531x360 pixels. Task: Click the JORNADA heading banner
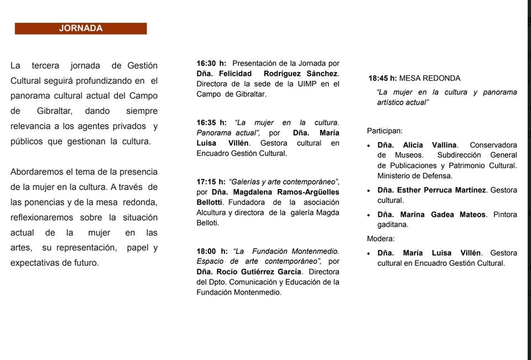click(81, 28)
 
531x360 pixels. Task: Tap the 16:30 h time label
click(211, 64)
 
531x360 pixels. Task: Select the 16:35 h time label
click(211, 122)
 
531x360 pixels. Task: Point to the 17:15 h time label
click(211, 181)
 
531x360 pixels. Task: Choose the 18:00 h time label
click(211, 251)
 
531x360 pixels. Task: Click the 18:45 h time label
click(383, 79)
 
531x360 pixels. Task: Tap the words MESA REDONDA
click(430, 79)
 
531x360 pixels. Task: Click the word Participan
click(384, 131)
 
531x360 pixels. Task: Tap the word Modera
click(381, 239)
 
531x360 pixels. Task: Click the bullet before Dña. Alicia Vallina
click(369, 145)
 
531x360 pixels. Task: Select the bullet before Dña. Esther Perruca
click(369, 190)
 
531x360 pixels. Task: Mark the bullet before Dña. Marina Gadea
click(369, 215)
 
